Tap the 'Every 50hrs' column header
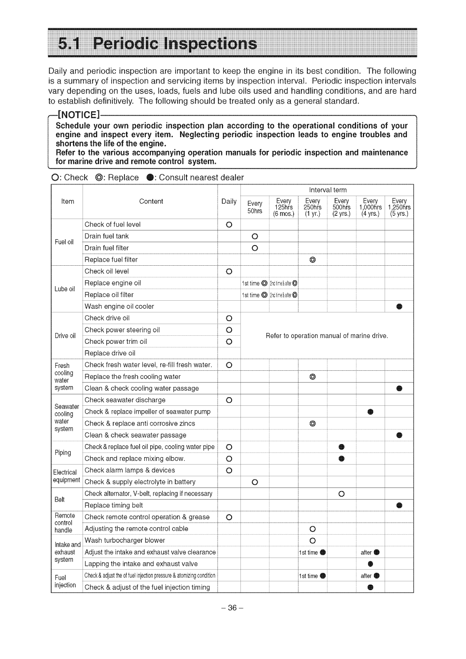(255, 207)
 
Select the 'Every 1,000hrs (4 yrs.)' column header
(370, 207)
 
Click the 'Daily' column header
(229, 201)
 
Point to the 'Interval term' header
(327, 190)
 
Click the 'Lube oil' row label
(65, 289)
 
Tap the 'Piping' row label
(63, 452)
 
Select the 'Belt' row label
(60, 500)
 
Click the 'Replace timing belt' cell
(114, 505)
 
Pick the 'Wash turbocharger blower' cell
(125, 540)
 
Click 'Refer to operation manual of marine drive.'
(327, 336)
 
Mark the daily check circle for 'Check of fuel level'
(228, 225)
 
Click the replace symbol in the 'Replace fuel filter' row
(313, 260)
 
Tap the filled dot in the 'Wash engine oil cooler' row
(399, 307)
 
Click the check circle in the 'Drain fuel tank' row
(255, 236)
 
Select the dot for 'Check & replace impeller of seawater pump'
(370, 412)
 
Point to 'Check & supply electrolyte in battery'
(140, 482)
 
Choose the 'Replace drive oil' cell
(110, 353)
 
